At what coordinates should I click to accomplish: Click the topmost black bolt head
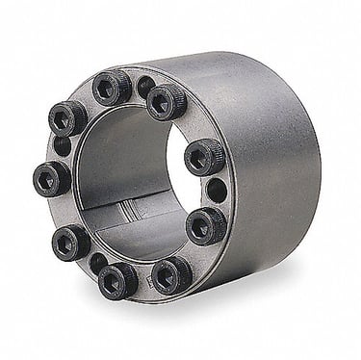[111, 88]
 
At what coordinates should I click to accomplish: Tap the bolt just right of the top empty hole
[166, 100]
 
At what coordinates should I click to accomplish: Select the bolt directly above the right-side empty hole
[203, 156]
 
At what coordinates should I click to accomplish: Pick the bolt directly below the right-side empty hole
[205, 225]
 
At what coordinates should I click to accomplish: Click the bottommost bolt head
[117, 281]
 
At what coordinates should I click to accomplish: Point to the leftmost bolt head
[50, 177]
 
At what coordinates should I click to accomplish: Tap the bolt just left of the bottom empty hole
[70, 241]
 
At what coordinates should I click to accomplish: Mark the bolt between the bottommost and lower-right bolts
[170, 273]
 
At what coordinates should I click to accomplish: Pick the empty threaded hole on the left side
[61, 146]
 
